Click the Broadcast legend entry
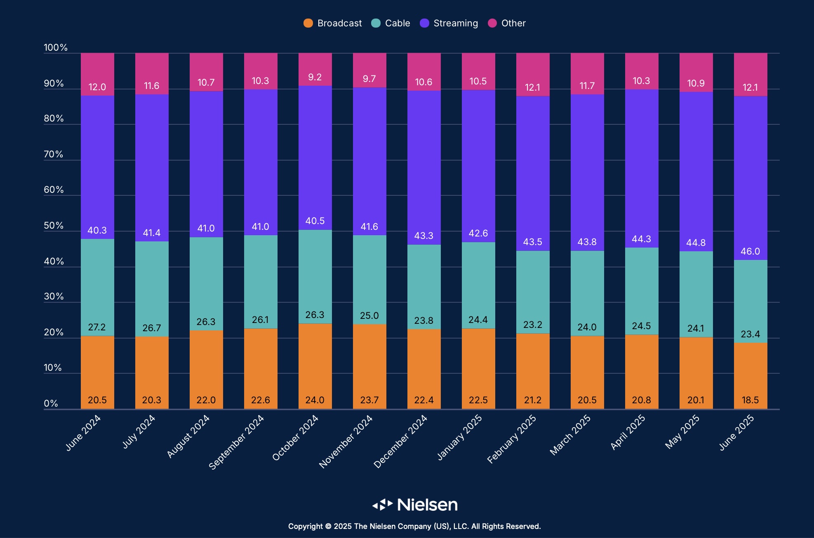coord(333,23)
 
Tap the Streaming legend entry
coord(449,23)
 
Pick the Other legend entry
coord(507,23)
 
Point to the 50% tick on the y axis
coord(54,226)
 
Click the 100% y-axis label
coord(56,47)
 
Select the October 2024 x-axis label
coord(296,437)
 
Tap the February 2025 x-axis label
coord(512,439)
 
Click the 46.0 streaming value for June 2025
coord(750,251)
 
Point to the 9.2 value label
coord(315,77)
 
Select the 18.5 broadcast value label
coord(750,400)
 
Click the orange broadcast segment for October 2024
coord(315,363)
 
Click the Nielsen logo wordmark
coord(427,505)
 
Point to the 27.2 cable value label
coord(97,327)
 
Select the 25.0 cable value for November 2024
coord(369,316)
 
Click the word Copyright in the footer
coord(306,526)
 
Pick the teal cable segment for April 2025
coord(642,288)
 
